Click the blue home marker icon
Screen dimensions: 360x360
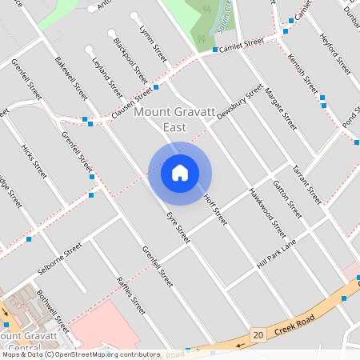(180, 173)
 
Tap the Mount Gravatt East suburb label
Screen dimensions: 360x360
(171, 120)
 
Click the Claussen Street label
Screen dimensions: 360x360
(132, 105)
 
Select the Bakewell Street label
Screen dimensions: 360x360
(71, 78)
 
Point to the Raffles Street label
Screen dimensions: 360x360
(131, 295)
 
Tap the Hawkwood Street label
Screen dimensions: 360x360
(266, 211)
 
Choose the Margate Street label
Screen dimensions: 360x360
(280, 109)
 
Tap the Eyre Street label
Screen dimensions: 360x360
(178, 227)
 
